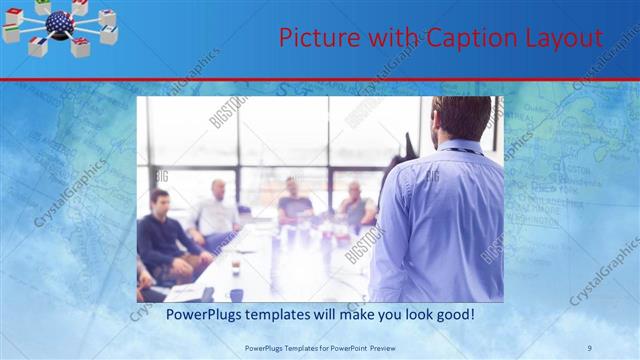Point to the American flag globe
coord(59,23)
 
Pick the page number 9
coord(590,347)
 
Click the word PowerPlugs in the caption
coord(183,314)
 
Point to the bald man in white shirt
coord(216,210)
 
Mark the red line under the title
coord(320,79)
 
